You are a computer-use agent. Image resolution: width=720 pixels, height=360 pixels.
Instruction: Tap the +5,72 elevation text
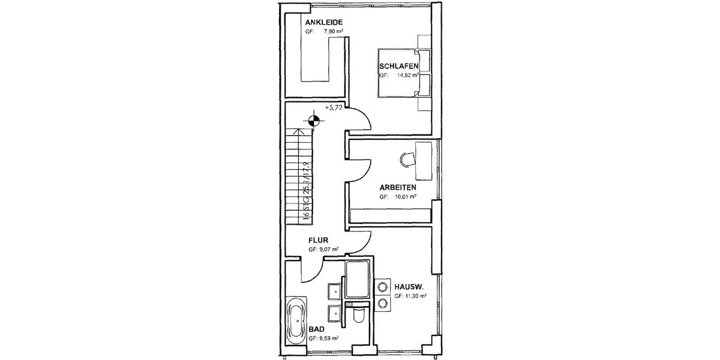[334, 107]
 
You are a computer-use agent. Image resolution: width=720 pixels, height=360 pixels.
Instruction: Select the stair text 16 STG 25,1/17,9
[307, 191]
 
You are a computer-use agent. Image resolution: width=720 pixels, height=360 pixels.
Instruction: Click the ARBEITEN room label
[398, 187]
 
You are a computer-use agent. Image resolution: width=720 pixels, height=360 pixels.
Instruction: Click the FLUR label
[318, 239]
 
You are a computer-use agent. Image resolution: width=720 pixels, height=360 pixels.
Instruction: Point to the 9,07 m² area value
[328, 248]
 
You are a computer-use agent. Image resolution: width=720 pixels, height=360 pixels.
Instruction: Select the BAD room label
[317, 329]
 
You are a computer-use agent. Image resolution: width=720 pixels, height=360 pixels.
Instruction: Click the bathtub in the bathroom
[297, 320]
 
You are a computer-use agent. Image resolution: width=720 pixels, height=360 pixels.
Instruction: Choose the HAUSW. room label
[409, 287]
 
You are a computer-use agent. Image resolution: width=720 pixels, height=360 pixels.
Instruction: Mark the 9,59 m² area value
[328, 338]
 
